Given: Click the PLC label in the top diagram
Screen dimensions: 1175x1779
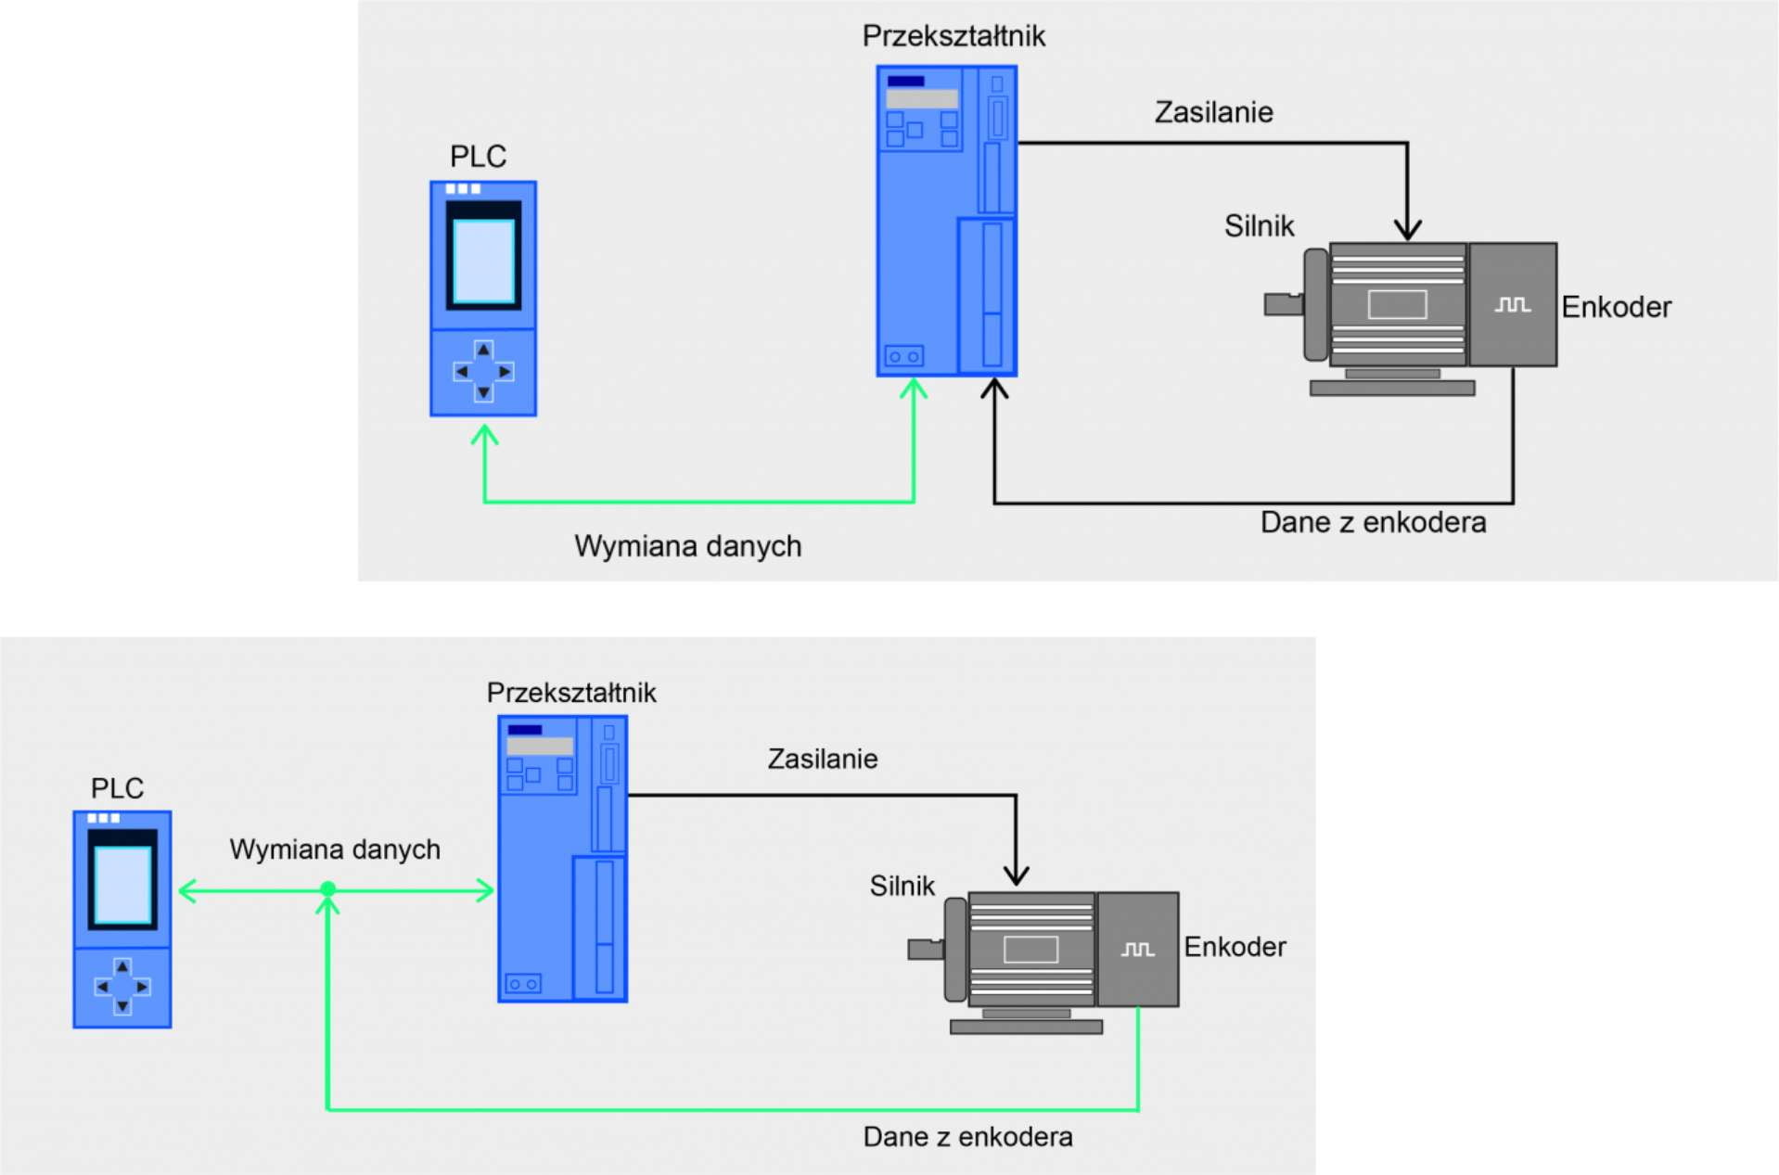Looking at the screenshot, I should click(x=478, y=156).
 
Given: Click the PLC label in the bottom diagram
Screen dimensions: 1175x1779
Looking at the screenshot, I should click(x=117, y=788).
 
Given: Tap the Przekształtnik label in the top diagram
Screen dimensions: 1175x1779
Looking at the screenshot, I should click(x=953, y=36).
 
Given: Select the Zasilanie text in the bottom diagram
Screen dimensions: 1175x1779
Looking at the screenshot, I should click(x=822, y=759).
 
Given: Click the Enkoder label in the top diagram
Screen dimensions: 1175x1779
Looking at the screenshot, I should click(x=1615, y=307).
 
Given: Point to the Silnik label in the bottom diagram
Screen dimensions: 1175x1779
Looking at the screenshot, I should click(x=902, y=886).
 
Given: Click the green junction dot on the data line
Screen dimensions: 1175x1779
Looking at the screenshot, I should click(x=327, y=889).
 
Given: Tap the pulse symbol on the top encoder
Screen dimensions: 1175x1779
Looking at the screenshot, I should click(x=1512, y=304).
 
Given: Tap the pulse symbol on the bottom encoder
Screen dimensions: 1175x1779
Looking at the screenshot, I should click(x=1137, y=949).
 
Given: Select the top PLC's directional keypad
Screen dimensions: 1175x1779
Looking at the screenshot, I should click(x=483, y=371).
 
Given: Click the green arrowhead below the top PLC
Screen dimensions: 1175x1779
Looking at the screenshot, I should click(x=484, y=434).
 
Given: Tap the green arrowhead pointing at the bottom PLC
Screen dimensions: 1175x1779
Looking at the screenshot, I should click(x=187, y=891).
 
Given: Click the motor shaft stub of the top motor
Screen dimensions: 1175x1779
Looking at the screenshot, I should click(x=1283, y=303).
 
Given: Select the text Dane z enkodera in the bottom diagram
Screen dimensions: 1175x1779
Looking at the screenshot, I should click(x=966, y=1136).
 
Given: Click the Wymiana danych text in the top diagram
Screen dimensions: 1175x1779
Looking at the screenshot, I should click(x=687, y=545).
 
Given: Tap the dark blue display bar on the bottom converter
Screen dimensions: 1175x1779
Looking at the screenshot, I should click(x=525, y=730).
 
